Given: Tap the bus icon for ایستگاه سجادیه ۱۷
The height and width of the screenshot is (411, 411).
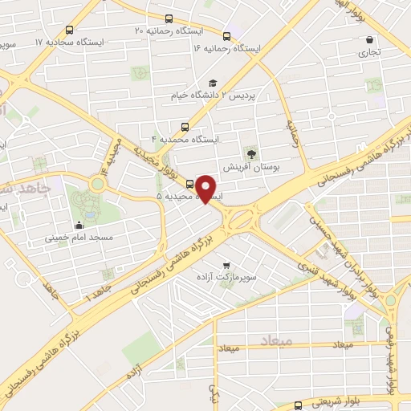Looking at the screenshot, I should (x=69, y=31).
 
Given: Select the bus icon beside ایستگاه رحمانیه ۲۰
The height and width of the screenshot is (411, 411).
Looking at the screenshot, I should (x=169, y=18).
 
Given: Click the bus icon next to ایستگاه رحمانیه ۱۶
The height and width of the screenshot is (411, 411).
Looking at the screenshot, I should (x=226, y=36).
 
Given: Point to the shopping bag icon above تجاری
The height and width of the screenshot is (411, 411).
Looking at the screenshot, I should (x=369, y=40).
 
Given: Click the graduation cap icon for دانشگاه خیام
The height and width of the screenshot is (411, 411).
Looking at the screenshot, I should (x=213, y=83).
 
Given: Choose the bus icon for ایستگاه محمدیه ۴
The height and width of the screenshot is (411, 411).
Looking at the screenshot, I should (x=186, y=126).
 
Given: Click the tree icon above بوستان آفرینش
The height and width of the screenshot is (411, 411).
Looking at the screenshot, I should (x=253, y=153).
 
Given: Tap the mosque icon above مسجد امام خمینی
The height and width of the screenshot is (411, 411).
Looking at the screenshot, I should (x=79, y=225).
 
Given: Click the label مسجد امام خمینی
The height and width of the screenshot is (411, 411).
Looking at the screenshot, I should (x=79, y=238).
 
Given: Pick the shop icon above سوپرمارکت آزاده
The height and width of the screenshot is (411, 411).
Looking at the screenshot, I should (x=228, y=263).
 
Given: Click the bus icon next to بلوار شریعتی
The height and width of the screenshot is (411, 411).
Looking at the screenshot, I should (x=298, y=405).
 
